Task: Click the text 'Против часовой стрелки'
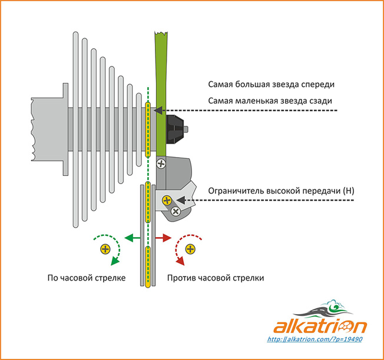tap(216, 277)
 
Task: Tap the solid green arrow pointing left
tap(131, 238)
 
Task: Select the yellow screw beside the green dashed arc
tap(105, 249)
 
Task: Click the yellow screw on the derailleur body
tap(167, 201)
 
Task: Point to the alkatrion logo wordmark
tap(320, 326)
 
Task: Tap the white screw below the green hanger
tap(161, 165)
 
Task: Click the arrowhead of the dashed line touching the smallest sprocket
tap(156, 111)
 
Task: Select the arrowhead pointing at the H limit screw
tap(185, 201)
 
